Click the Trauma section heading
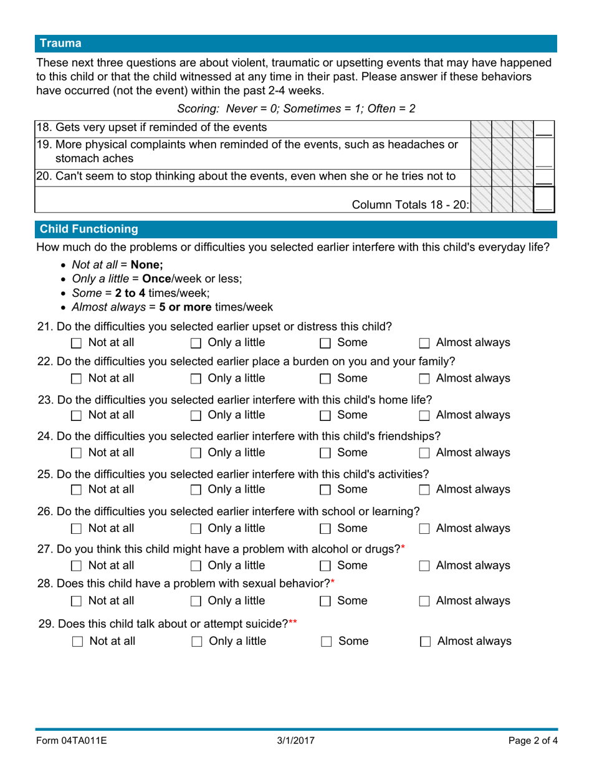[x=60, y=44]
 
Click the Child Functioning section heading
[x=88, y=229]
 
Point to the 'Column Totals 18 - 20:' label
[x=411, y=205]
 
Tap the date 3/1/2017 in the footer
[x=296, y=741]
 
